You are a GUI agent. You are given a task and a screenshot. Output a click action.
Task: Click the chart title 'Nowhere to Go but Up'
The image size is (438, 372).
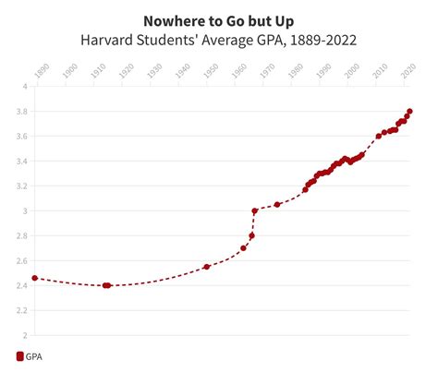point(219,19)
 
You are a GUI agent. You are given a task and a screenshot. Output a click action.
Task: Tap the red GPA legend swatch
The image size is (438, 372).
point(19,355)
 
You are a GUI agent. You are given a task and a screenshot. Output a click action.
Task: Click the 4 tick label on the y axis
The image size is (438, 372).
point(26,86)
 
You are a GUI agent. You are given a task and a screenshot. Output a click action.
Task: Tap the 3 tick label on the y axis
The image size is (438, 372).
point(26,210)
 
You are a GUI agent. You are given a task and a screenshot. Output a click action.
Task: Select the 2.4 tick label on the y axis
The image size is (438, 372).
point(24,285)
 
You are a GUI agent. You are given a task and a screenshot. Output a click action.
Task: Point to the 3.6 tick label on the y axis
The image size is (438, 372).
point(24,136)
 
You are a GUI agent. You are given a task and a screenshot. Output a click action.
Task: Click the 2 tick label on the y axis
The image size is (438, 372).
point(26,335)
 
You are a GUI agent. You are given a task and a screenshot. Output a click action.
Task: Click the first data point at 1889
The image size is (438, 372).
point(34,278)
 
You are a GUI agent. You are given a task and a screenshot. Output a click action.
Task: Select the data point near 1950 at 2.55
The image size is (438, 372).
point(207,267)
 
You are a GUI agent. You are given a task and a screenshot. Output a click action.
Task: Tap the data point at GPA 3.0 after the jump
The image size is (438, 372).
point(255,210)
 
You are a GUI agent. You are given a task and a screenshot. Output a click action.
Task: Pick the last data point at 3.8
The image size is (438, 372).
point(409,112)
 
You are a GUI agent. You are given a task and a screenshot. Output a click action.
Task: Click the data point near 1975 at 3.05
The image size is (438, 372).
point(277,204)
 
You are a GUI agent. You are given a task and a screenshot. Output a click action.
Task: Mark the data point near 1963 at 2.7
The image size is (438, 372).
point(244,248)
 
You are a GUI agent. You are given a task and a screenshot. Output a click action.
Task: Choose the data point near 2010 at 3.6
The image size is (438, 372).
point(379,136)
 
